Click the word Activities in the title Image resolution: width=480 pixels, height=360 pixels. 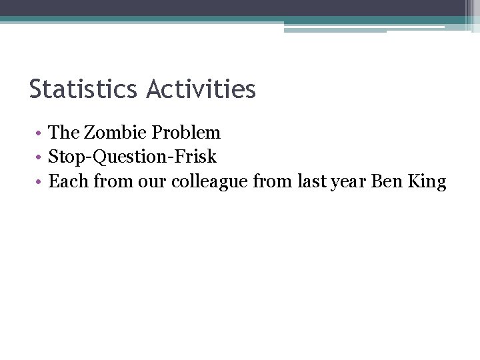click(201, 89)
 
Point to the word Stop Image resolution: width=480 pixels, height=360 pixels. click(64, 157)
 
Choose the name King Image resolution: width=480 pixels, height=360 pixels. click(427, 181)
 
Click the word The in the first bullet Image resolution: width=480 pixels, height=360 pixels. click(64, 133)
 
